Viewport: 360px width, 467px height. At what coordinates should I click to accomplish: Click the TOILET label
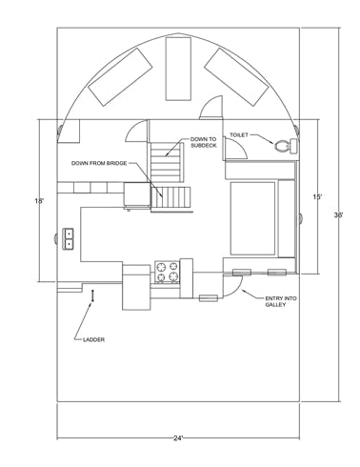pos(239,135)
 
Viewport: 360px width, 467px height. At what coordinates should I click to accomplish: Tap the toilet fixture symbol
pos(286,146)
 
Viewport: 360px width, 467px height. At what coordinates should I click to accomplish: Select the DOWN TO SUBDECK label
pos(204,142)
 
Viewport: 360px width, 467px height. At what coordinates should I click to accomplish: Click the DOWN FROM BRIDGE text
pos(99,163)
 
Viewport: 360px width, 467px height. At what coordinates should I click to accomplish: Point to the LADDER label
pos(93,339)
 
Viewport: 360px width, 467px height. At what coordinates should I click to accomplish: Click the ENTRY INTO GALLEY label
pos(281,301)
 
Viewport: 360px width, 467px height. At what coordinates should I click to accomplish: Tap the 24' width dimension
pos(178,438)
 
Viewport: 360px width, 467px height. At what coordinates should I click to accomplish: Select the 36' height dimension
pos(338,215)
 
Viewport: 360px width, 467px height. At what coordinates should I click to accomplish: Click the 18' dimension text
pos(39,201)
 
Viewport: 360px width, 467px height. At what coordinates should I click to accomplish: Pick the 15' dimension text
pos(317,197)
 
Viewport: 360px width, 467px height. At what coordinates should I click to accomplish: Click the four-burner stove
pos(168,272)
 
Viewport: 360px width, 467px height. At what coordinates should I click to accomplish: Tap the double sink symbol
pos(69,239)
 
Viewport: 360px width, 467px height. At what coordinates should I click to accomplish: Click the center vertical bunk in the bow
pos(178,69)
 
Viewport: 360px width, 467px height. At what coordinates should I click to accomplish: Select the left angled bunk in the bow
pos(120,77)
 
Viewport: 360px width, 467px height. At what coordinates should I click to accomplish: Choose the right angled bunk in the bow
pos(236,77)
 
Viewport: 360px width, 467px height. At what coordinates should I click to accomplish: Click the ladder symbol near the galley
pos(92,295)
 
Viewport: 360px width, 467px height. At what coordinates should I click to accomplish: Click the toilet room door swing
pos(236,149)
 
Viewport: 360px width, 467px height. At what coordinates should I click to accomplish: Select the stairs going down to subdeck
pos(167,162)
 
